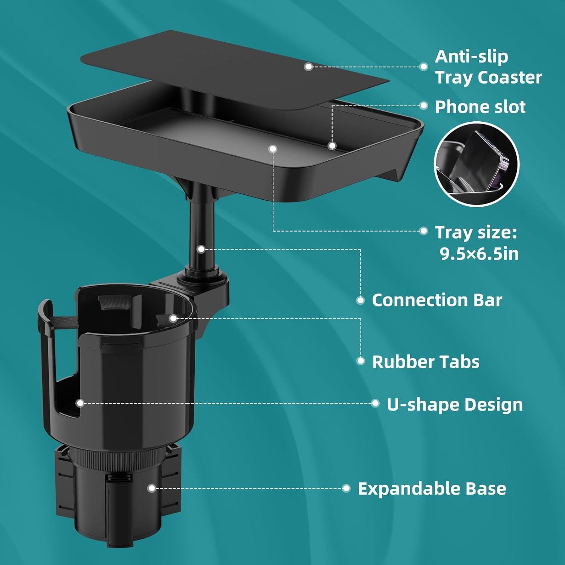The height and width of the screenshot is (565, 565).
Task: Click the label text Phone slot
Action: (x=480, y=107)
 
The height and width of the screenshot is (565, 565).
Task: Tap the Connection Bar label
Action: (x=437, y=300)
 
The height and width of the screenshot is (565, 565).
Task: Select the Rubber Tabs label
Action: (x=426, y=362)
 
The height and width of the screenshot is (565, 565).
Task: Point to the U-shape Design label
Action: (x=455, y=405)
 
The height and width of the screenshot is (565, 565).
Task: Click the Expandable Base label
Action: (x=432, y=489)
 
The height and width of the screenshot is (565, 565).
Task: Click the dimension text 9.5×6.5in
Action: (x=479, y=254)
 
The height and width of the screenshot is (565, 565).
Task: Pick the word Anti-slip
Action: (x=472, y=56)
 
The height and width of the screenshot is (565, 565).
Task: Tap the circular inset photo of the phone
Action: (x=476, y=164)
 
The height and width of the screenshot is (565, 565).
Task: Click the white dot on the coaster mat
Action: (x=308, y=67)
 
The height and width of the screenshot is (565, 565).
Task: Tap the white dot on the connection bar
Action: (x=201, y=249)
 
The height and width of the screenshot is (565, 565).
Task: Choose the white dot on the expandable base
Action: (x=152, y=489)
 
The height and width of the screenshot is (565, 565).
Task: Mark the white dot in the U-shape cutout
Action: (x=80, y=403)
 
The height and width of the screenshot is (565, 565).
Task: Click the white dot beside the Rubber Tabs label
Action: (x=360, y=361)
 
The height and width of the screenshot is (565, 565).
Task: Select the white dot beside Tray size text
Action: (x=423, y=231)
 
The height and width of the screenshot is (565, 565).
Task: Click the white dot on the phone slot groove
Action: (x=332, y=146)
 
